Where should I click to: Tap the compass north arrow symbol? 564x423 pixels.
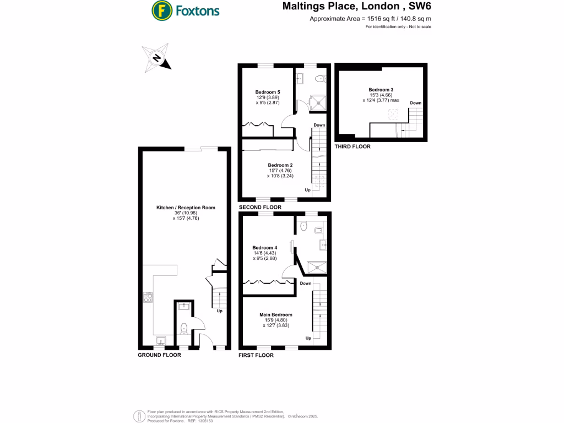157,58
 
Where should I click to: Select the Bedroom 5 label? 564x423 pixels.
268,92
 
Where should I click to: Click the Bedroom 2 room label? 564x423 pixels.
280,165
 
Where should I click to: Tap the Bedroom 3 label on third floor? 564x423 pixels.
381,89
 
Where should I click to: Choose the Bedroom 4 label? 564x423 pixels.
264,247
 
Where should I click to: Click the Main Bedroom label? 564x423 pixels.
276,314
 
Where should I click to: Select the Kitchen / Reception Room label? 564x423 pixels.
185,208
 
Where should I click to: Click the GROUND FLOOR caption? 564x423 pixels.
159,355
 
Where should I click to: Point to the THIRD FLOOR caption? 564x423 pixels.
352,147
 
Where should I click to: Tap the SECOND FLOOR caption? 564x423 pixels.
259,208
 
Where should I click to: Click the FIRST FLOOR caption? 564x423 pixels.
256,355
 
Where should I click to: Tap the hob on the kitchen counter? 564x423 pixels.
148,298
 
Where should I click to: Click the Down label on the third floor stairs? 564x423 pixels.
415,103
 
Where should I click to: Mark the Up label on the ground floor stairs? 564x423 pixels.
219,311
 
